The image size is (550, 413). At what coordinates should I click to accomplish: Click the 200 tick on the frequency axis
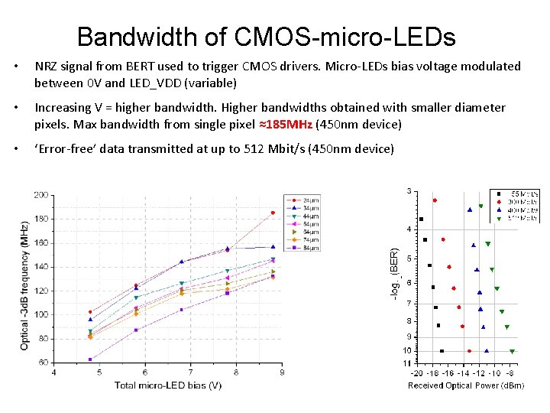(40, 195)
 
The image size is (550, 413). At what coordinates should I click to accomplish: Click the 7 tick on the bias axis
(190, 372)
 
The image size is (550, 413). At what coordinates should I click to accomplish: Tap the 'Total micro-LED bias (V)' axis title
(168, 385)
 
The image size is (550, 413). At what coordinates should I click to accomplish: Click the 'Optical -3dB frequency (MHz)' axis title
(24, 285)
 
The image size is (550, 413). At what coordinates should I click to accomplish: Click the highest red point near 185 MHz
(273, 213)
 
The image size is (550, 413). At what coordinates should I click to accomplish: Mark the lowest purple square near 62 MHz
(90, 359)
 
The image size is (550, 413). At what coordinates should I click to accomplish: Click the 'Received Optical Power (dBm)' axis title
(466, 385)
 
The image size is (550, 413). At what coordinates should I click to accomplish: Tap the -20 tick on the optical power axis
(416, 373)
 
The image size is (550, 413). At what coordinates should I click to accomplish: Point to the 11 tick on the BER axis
(407, 363)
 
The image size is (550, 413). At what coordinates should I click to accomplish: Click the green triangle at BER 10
(512, 351)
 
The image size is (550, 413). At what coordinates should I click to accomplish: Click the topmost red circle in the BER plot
(435, 200)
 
